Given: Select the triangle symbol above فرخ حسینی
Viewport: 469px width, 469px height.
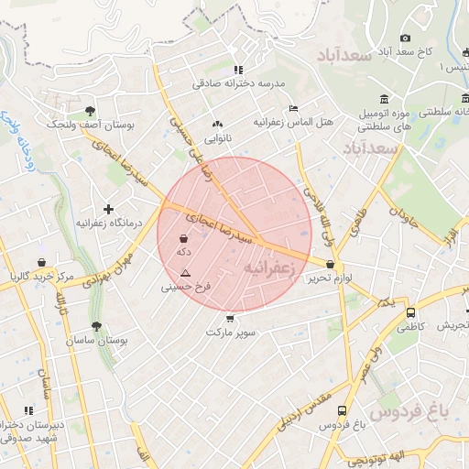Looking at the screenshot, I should coord(186,273).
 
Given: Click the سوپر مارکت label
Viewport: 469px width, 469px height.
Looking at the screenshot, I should coord(229,331).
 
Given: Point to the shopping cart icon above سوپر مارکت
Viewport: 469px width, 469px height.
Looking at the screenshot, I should coord(229,318).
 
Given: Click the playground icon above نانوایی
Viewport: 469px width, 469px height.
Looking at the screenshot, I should coord(217,124).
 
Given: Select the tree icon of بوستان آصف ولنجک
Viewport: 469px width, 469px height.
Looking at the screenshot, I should coord(90,110).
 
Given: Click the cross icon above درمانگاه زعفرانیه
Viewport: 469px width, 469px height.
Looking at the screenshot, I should coord(109,210).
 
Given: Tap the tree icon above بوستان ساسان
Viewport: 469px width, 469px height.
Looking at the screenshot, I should coord(96,325).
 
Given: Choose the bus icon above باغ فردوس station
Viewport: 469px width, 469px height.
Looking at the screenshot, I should coord(342,411).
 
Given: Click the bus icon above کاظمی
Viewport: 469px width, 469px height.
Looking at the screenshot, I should coord(409,311).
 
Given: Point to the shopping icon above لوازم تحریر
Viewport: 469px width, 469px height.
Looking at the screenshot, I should coord(329,265).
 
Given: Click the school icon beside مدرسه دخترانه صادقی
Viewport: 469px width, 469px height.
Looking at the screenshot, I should coord(238,69).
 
